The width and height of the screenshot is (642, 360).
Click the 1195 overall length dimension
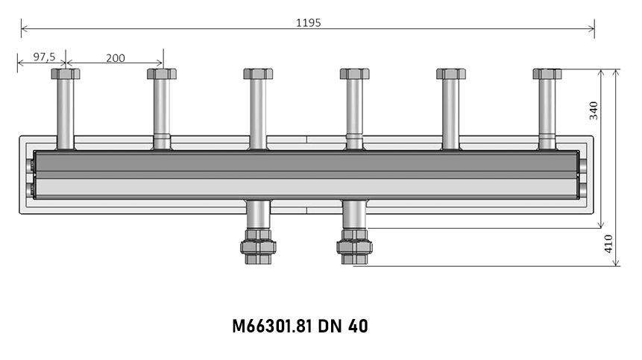(308, 22)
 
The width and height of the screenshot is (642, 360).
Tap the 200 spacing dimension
(115, 57)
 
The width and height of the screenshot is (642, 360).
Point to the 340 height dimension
(594, 110)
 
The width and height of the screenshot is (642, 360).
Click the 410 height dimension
(608, 243)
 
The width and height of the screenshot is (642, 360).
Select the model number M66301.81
(272, 326)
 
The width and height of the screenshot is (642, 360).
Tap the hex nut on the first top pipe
(66, 74)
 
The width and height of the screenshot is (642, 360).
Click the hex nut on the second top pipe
(162, 74)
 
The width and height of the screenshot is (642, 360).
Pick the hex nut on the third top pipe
(258, 74)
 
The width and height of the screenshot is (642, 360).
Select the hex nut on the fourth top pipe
(354, 74)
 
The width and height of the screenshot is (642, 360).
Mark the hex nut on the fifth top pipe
(451, 74)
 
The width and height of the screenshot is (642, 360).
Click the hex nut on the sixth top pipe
(547, 74)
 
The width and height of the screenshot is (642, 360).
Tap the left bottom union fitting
(258, 246)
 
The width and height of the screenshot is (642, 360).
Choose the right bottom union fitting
(354, 246)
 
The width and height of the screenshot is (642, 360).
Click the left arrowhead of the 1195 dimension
(24, 30)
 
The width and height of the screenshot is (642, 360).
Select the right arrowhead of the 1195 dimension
(592, 30)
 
